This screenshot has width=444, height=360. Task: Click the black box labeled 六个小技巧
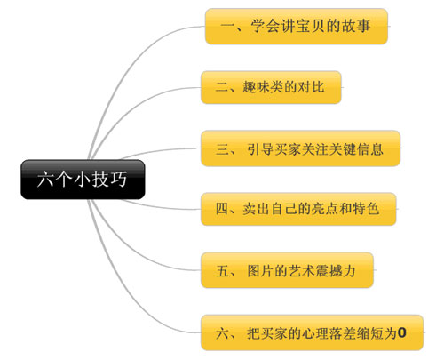tap(83, 180)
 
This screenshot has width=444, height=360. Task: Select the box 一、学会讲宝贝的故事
tap(297, 27)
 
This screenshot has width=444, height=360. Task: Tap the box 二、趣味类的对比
tap(271, 87)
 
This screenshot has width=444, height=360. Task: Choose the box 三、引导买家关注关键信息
tap(301, 148)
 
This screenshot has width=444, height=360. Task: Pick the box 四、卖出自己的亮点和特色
tap(298, 209)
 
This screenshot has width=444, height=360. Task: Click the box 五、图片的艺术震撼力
tap(287, 270)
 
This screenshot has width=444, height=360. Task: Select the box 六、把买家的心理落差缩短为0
tap(312, 332)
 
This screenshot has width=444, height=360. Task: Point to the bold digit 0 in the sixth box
tap(401, 332)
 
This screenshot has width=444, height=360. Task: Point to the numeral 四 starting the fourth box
tap(222, 209)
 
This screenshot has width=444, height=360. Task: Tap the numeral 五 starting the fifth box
tap(222, 271)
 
